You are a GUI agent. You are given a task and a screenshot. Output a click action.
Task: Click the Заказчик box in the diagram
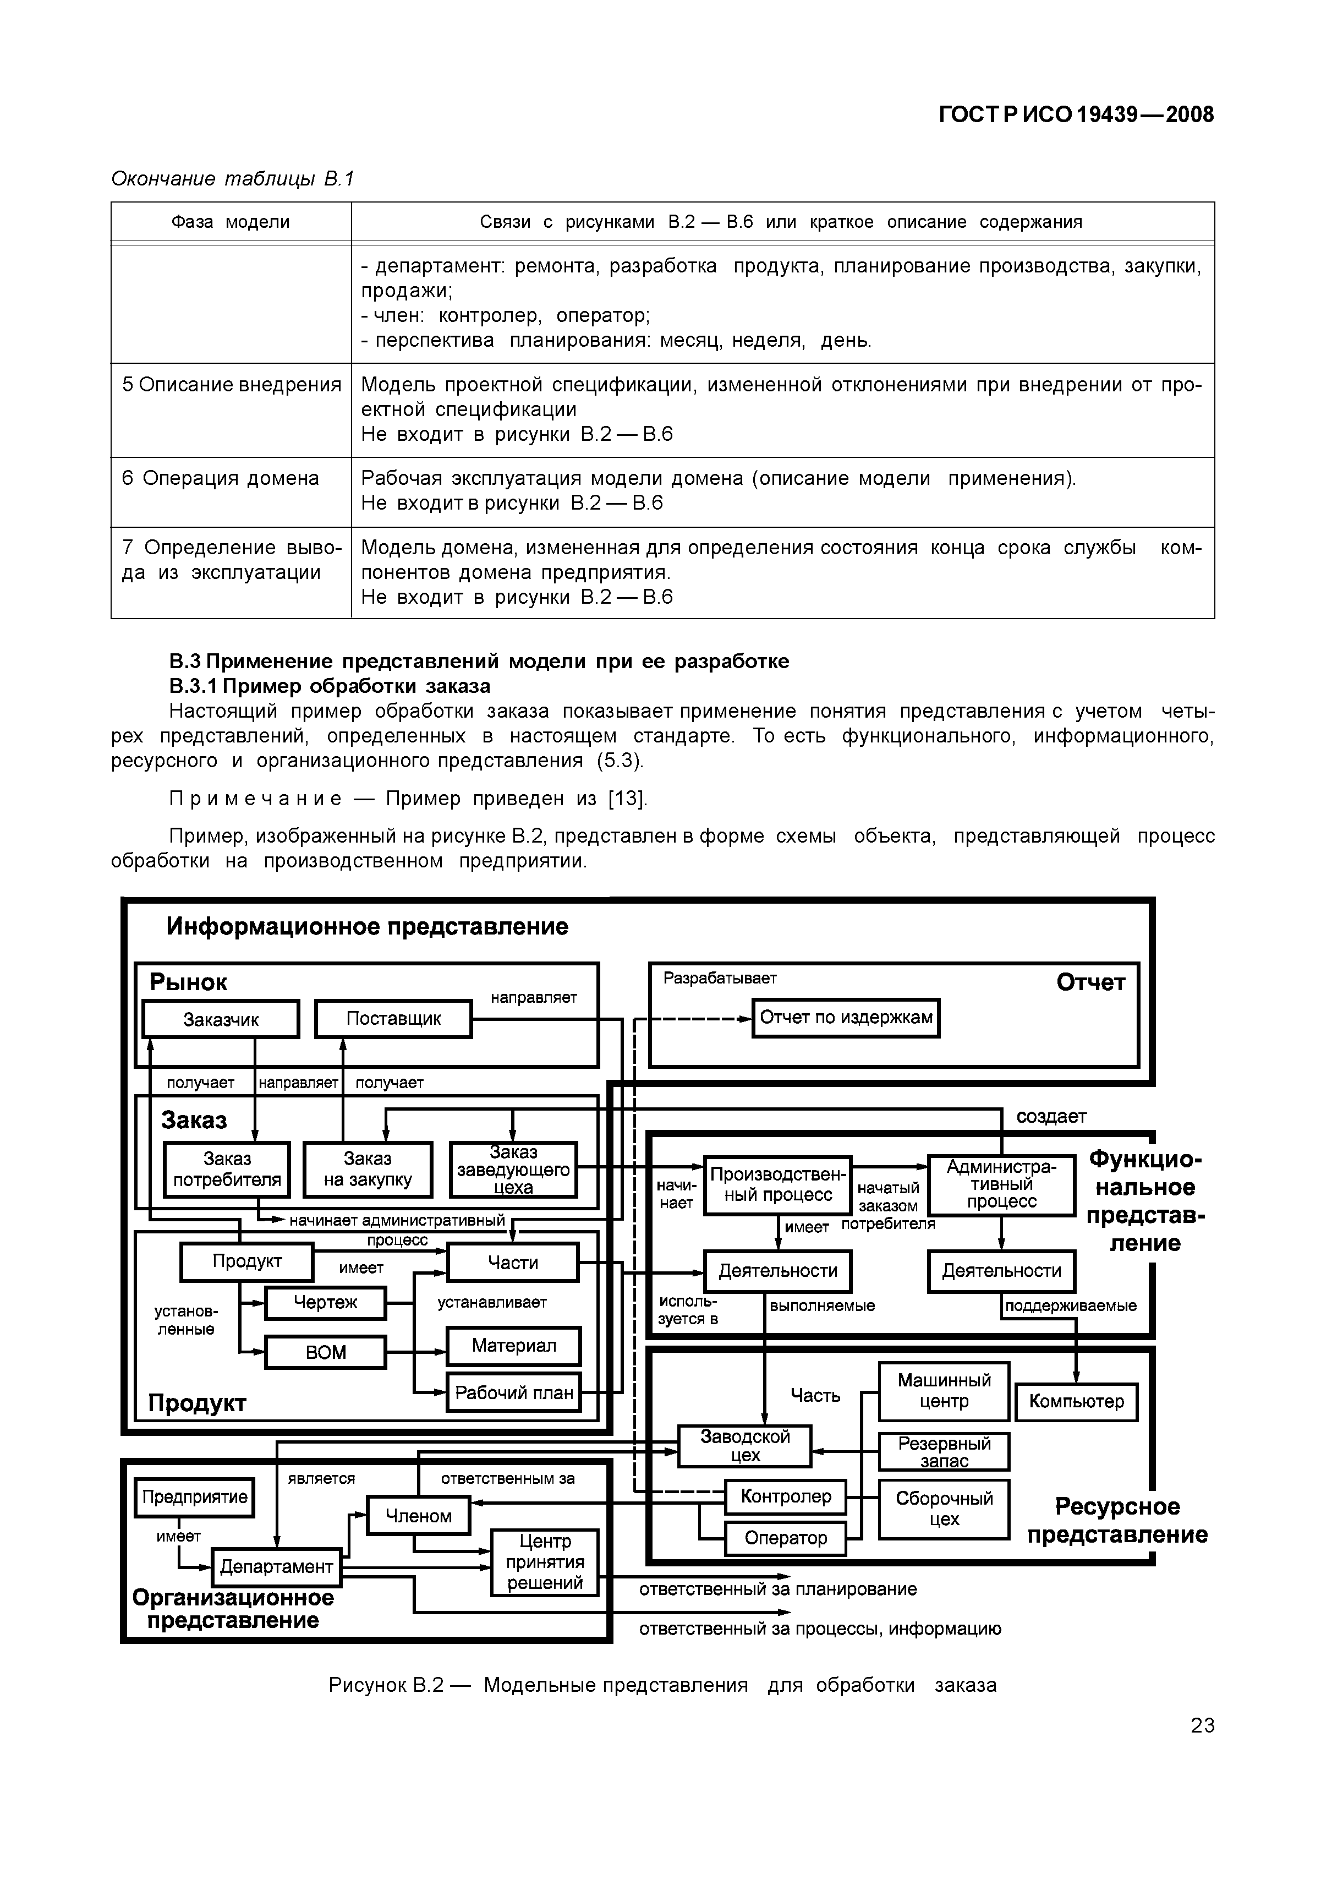click(x=221, y=1020)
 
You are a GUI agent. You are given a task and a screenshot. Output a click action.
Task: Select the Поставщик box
click(x=393, y=1019)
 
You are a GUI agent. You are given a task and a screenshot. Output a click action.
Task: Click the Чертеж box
click(x=325, y=1303)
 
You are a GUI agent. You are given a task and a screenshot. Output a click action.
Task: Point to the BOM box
click(x=325, y=1352)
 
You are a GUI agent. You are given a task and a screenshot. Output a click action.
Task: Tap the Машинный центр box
click(x=944, y=1391)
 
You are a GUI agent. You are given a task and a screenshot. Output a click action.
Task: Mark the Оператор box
click(x=786, y=1538)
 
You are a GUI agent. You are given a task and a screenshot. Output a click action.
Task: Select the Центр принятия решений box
click(x=545, y=1562)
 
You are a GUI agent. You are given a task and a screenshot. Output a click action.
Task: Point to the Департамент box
click(x=277, y=1566)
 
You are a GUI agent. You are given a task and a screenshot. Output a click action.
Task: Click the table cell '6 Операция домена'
click(x=221, y=479)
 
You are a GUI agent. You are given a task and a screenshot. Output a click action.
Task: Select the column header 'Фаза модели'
click(x=231, y=222)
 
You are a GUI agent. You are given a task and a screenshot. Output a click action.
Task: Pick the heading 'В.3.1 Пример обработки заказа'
click(x=330, y=686)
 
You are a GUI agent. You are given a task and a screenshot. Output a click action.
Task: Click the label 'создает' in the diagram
click(x=1051, y=1117)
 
